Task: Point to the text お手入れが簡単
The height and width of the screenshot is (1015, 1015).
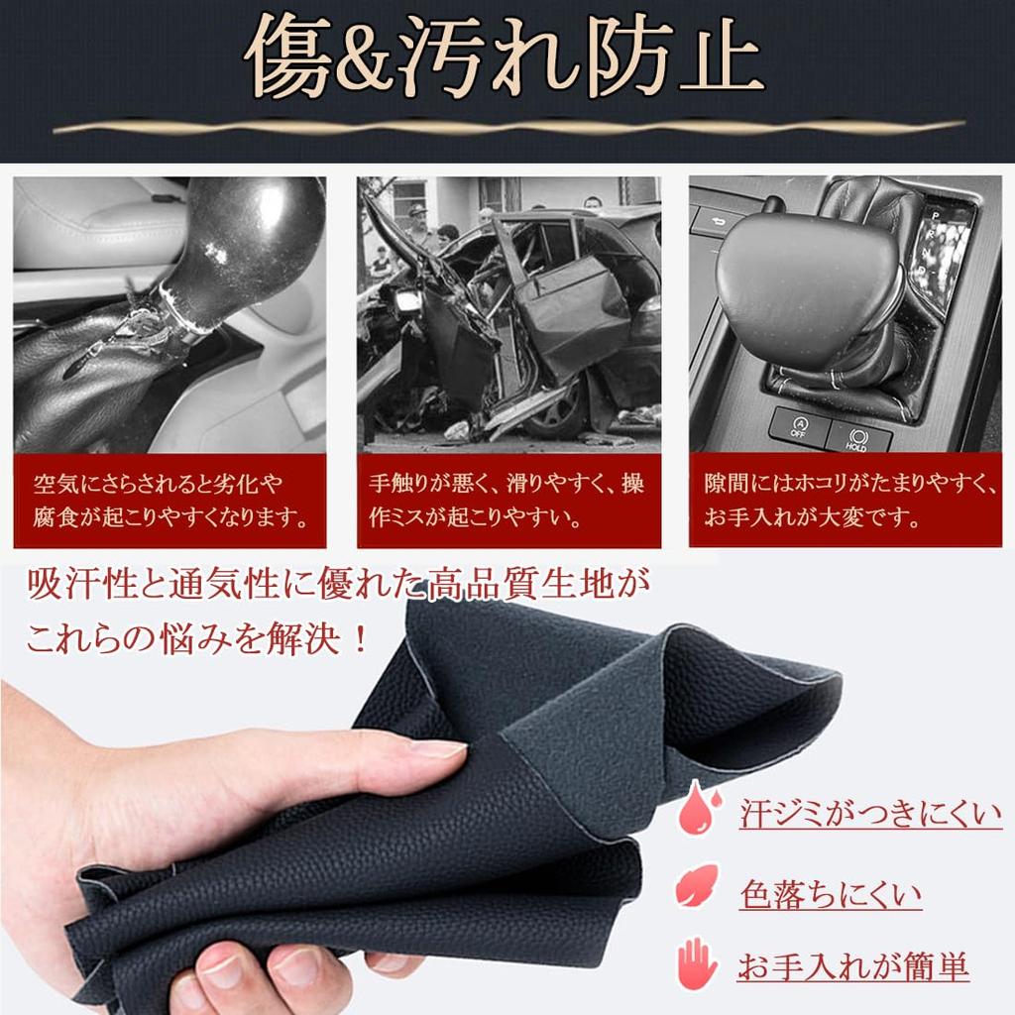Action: coord(852,967)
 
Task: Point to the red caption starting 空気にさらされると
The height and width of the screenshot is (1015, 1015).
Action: coord(169,501)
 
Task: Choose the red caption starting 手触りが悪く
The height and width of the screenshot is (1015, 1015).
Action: coord(507,501)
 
